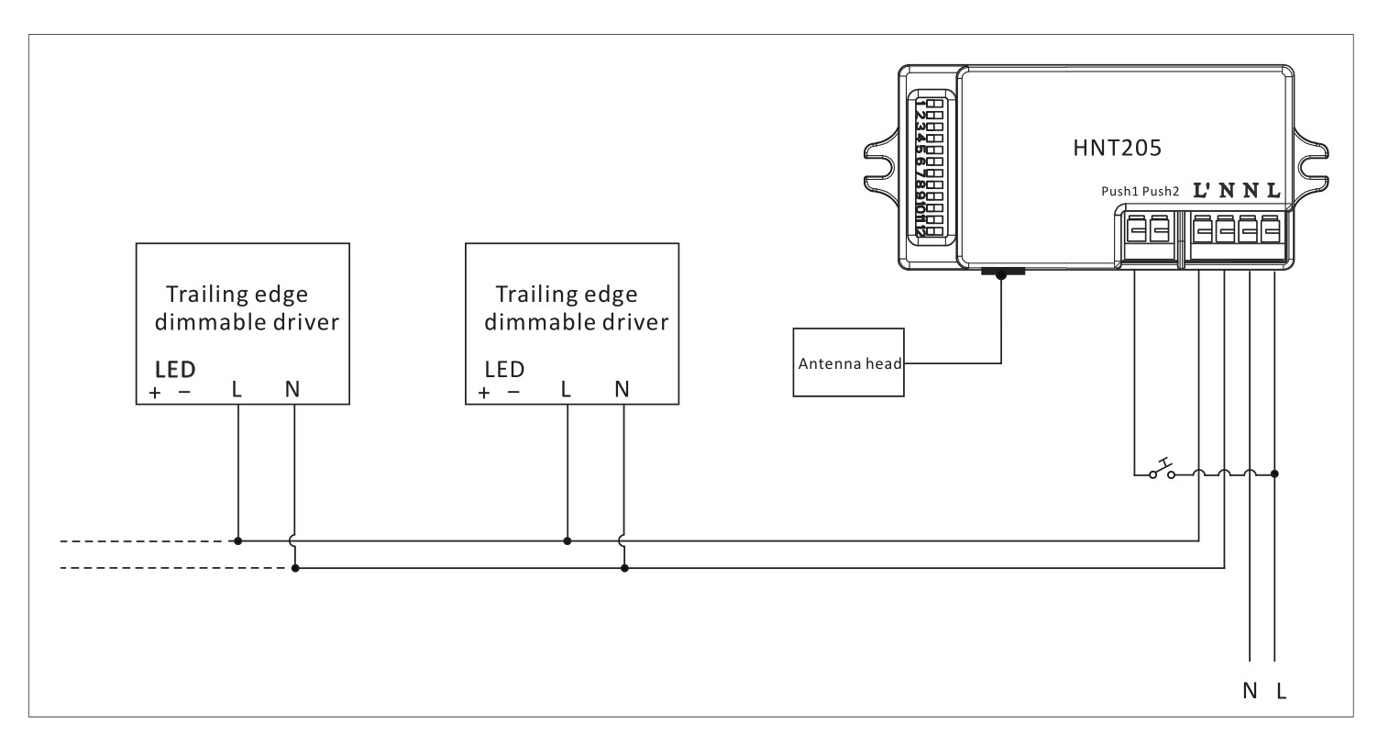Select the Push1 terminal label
[1119, 192]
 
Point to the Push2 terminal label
[1160, 192]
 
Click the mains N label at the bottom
[1250, 691]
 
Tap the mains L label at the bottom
[1281, 691]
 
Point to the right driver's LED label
[504, 369]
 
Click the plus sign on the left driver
[156, 393]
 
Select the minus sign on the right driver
[513, 392]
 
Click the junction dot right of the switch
[1275, 474]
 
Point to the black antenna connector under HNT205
[1001, 273]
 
